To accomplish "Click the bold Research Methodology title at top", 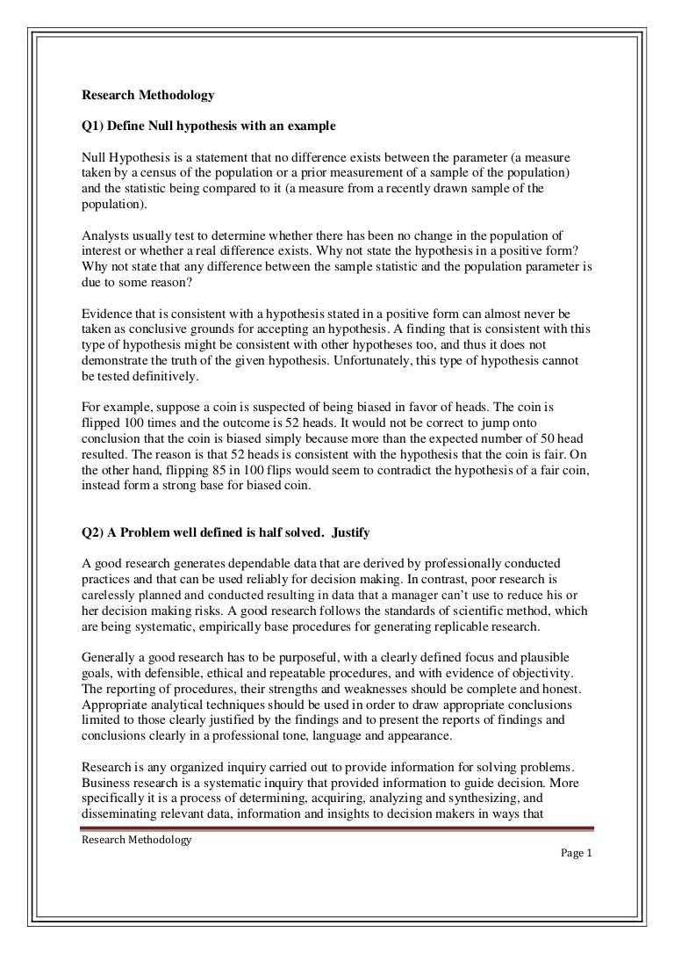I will [147, 96].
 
